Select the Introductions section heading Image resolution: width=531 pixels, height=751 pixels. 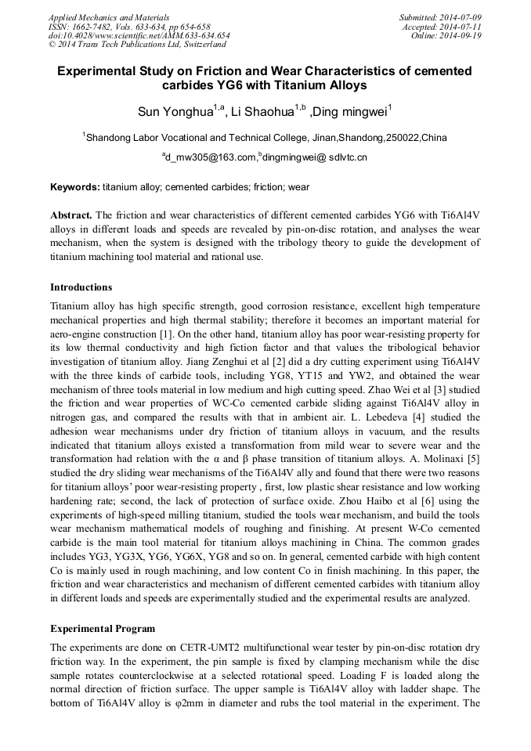tap(81, 287)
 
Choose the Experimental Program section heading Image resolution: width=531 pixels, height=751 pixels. tap(103, 629)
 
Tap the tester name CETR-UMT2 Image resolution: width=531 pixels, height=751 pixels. tap(192, 648)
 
